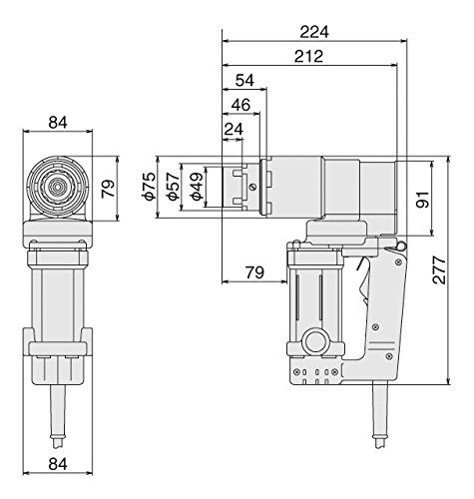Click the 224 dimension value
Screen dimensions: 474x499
[314, 32]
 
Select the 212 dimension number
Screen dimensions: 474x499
[308, 56]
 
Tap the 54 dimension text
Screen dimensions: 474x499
[244, 80]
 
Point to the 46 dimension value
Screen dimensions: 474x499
[240, 105]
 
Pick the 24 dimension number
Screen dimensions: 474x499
[234, 129]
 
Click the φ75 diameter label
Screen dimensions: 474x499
[149, 186]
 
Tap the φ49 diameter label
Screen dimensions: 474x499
[197, 187]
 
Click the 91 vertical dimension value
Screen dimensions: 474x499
[423, 200]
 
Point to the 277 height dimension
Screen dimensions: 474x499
[439, 269]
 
